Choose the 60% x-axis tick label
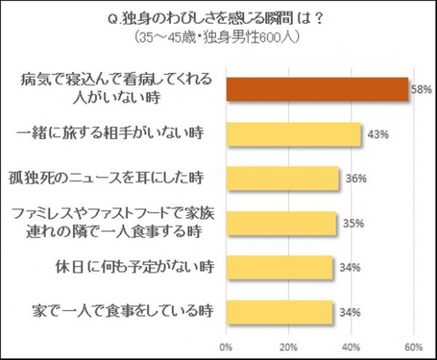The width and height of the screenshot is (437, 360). tap(409, 346)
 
